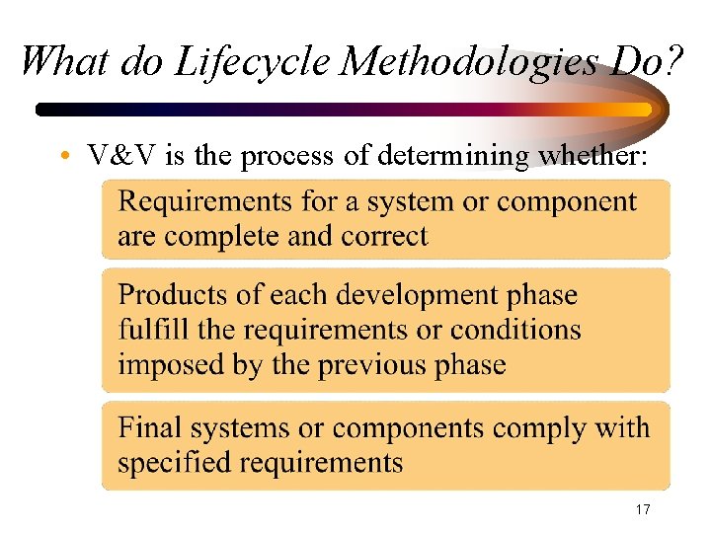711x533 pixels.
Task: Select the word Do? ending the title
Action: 646,62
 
